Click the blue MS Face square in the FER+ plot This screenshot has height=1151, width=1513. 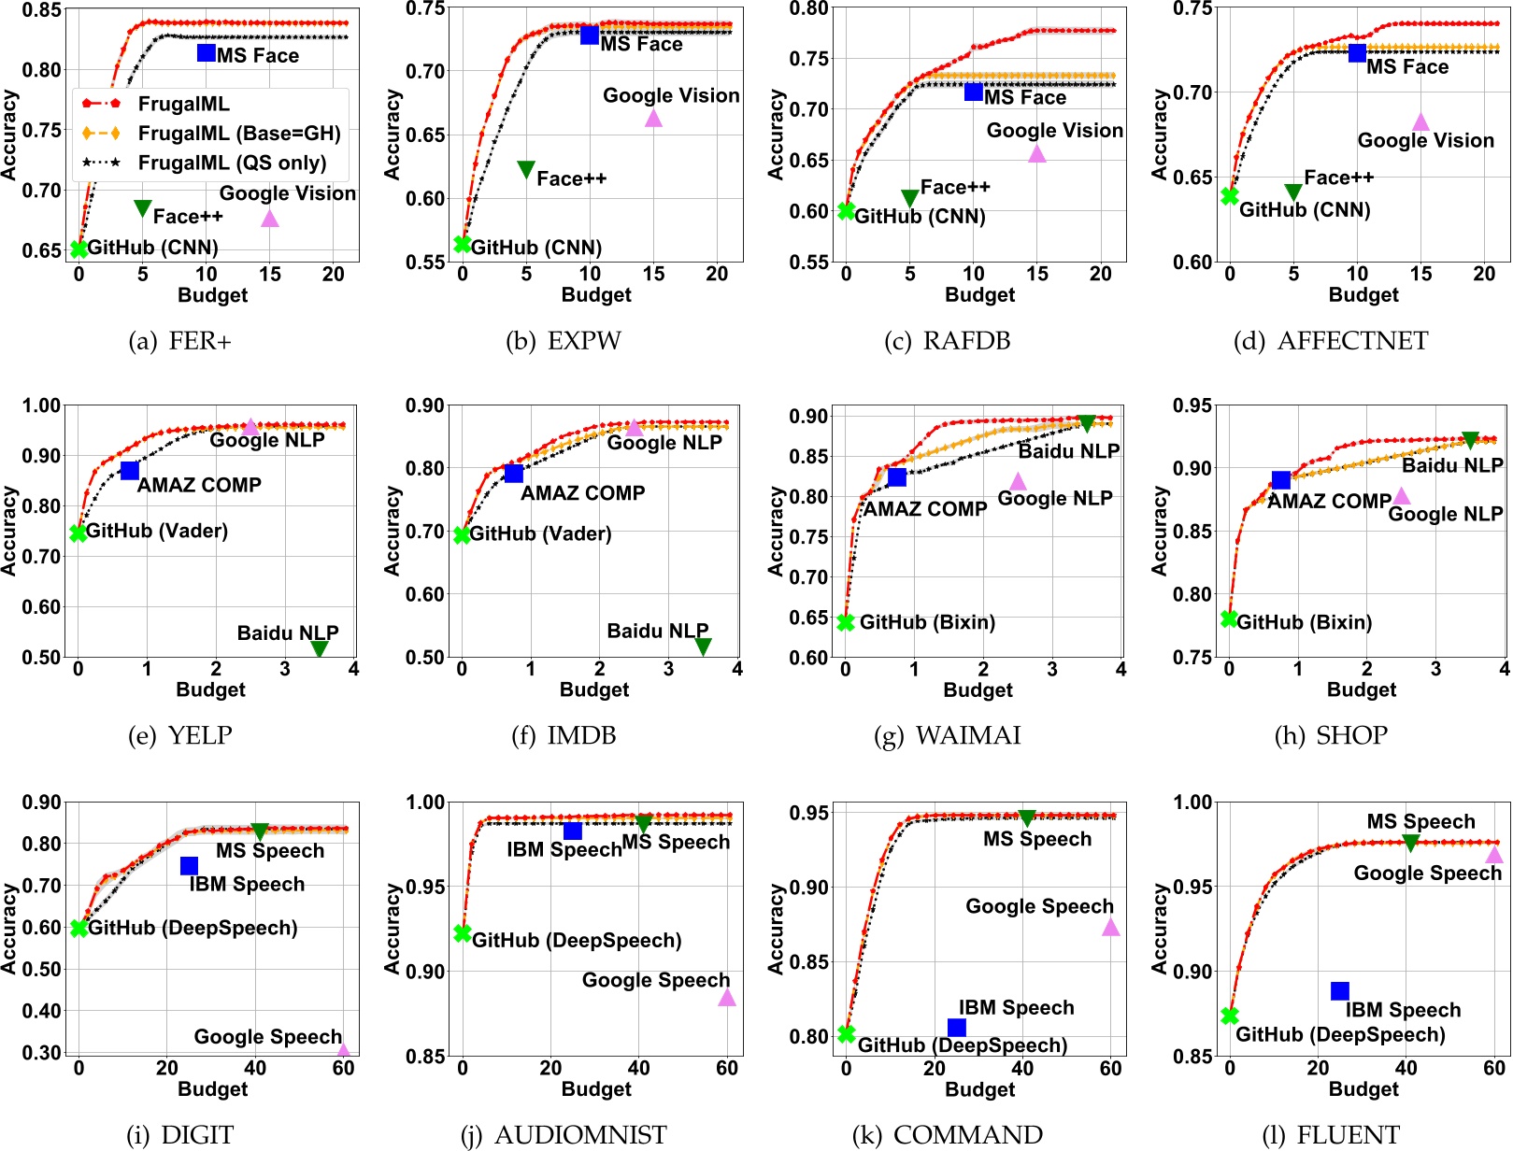(x=207, y=52)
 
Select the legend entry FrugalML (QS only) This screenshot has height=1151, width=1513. (x=232, y=163)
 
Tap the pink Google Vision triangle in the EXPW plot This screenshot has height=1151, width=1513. (x=653, y=118)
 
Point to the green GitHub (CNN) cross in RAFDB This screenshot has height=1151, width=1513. (x=847, y=211)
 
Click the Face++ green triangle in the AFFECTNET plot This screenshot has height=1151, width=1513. (x=1293, y=192)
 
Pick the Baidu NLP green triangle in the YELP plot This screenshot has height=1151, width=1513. (x=320, y=648)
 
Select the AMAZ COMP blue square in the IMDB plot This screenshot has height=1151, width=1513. (x=513, y=474)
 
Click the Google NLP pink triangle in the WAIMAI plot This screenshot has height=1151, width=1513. (x=1018, y=481)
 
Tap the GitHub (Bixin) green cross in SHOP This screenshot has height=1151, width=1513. (x=1230, y=619)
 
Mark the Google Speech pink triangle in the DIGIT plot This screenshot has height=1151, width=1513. (x=343, y=1050)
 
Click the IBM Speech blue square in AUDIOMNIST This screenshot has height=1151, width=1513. (x=573, y=831)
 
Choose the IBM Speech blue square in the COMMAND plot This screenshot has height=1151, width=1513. (x=957, y=1028)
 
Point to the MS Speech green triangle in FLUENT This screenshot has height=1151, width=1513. (x=1410, y=843)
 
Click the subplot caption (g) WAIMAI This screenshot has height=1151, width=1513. (x=947, y=736)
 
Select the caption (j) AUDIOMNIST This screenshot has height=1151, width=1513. (x=564, y=1135)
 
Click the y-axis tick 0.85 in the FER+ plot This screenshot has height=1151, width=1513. (x=42, y=10)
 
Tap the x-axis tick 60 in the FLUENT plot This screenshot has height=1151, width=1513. (x=1494, y=1068)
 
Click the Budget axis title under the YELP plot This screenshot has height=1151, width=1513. (x=210, y=689)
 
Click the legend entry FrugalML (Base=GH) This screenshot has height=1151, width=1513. (x=239, y=134)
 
